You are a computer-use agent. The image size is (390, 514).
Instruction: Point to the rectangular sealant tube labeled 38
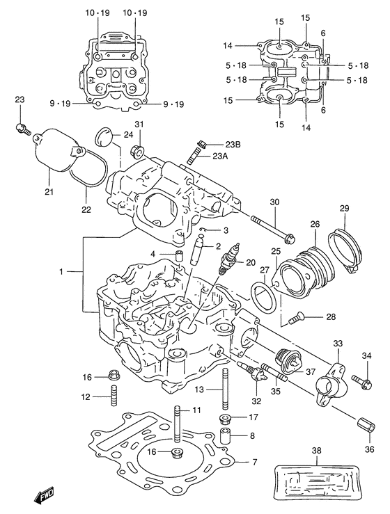(318, 484)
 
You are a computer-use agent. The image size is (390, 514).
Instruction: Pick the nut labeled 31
(139, 151)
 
